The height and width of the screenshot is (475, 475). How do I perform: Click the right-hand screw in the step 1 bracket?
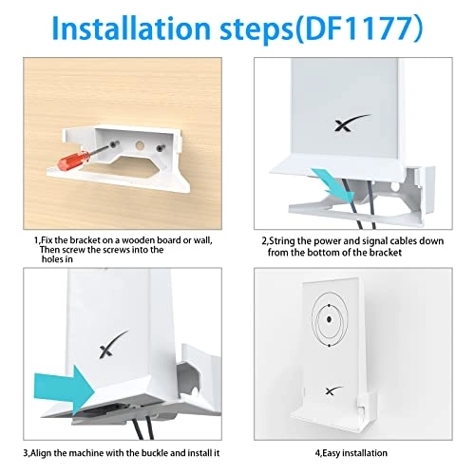point(176,147)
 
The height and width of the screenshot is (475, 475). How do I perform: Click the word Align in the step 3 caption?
point(49,455)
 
